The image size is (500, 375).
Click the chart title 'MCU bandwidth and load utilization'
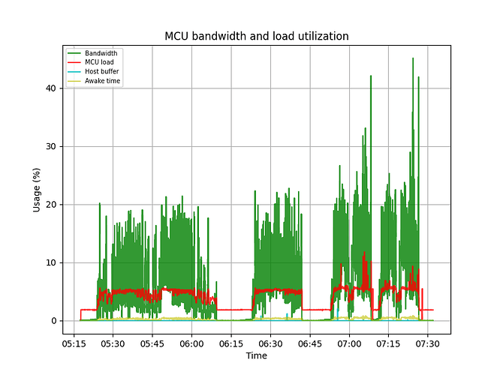[x=256, y=36]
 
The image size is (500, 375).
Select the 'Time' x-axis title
[x=256, y=355]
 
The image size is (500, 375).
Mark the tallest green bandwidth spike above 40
[x=413, y=60]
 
